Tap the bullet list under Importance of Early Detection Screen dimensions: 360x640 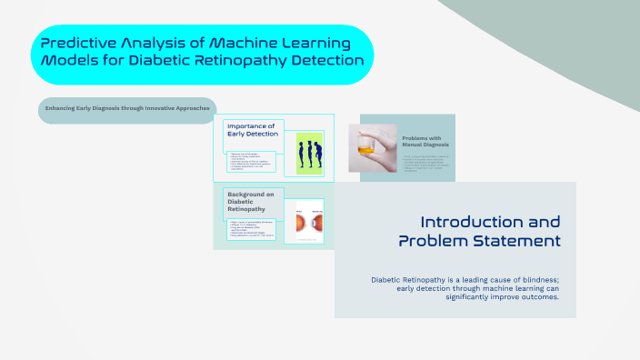click(x=255, y=162)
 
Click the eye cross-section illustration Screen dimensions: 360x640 click(x=305, y=221)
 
